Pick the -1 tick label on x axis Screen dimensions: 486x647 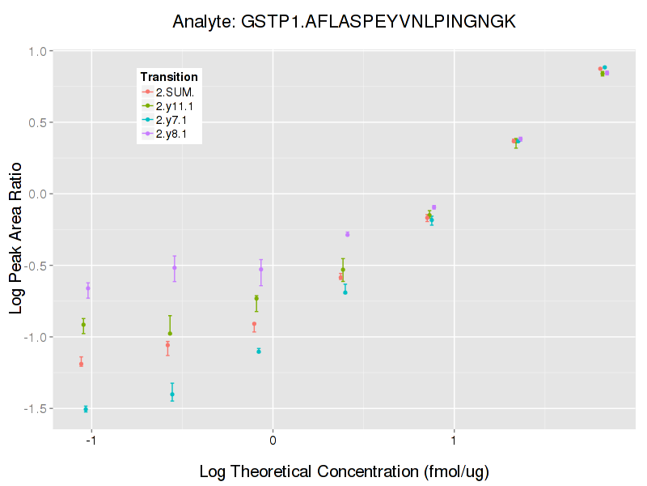point(91,441)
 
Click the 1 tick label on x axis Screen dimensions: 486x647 point(455,441)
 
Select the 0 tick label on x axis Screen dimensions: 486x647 point(273,441)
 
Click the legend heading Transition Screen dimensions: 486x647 point(169,77)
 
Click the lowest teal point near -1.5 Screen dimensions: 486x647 point(86,409)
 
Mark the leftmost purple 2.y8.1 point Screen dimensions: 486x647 point(88,288)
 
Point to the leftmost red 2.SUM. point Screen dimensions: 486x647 point(81,364)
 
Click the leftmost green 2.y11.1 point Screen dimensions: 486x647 point(83,324)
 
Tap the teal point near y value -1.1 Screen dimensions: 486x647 point(259,351)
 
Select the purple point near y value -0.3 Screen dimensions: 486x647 point(348,234)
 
